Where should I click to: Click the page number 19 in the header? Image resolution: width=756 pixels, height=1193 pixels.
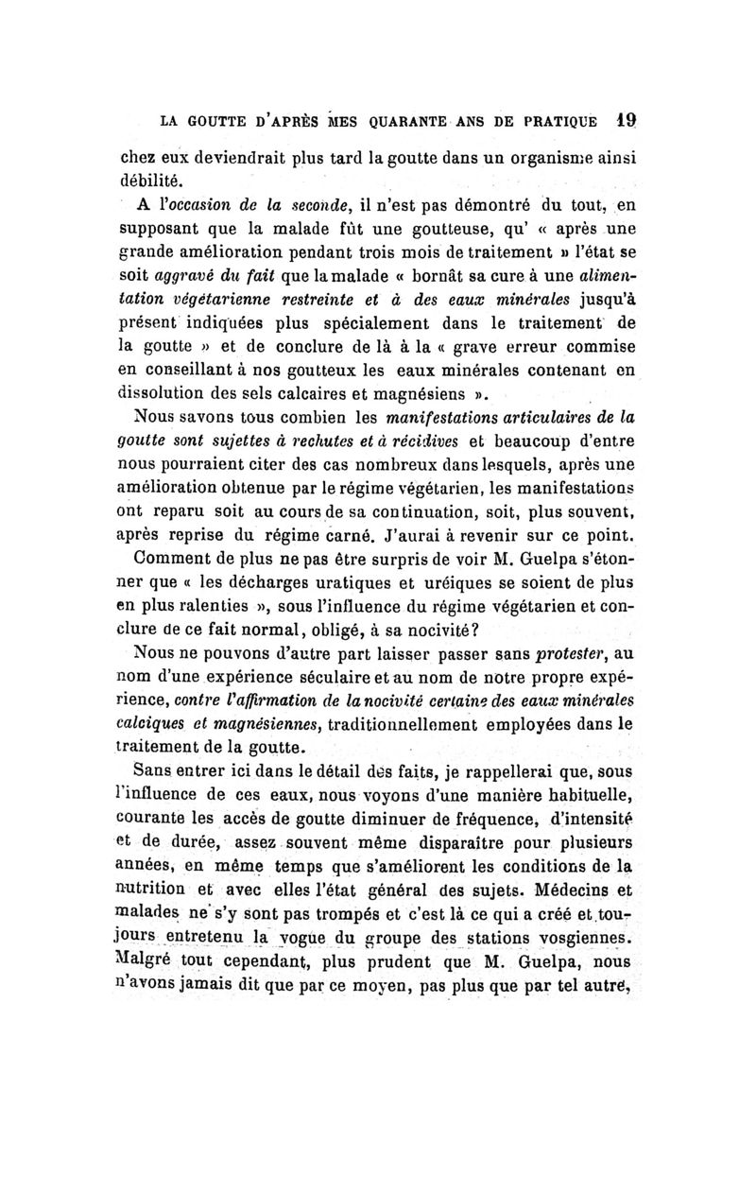pyautogui.click(x=624, y=121)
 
